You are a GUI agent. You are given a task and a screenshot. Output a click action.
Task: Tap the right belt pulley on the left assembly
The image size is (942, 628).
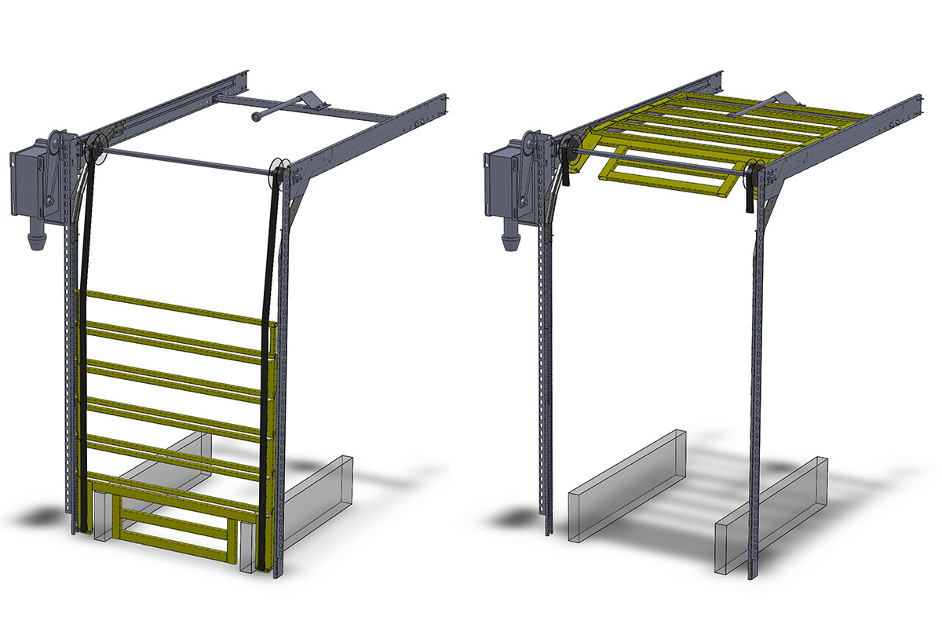tap(276, 174)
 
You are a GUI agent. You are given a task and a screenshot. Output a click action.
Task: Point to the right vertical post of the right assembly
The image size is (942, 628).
tap(758, 392)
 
